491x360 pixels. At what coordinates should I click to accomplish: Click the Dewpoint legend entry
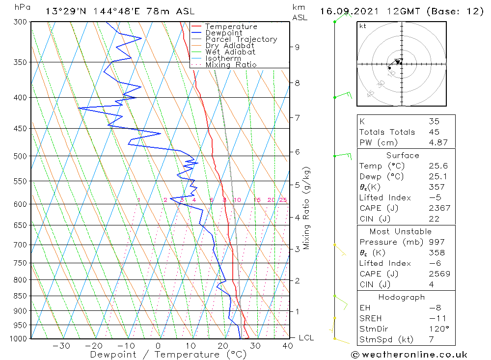[223, 33]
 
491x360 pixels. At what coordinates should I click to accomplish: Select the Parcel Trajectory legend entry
[241, 39]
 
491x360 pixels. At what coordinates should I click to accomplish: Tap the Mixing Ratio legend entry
[231, 64]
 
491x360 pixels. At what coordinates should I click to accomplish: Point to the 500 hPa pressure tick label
[22, 156]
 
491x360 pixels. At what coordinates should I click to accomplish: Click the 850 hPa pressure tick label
[22, 296]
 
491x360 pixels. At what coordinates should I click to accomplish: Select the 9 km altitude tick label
[298, 47]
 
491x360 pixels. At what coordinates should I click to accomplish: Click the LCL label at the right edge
[306, 338]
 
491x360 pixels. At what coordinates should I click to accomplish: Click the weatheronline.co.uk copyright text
[409, 354]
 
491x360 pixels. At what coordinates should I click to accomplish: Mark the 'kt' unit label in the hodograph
[363, 26]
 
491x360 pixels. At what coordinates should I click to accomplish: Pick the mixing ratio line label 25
[283, 200]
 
